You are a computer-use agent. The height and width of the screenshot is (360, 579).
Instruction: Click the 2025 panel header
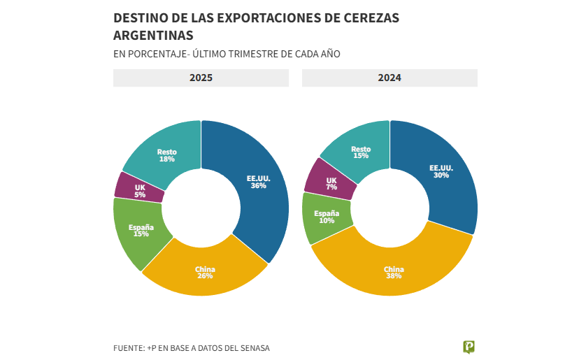pos(201,78)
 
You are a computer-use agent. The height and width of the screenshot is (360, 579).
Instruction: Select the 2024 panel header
pos(389,78)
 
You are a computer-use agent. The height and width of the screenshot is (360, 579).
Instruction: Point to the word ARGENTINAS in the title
pos(153,35)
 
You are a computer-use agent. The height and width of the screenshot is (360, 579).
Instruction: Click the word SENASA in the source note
pos(253,348)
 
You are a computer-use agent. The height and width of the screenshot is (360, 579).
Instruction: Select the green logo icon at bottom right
pos(469,347)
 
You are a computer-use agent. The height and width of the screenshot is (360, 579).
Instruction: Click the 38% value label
pos(394,276)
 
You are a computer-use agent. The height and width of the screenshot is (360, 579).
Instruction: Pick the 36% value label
pos(258,186)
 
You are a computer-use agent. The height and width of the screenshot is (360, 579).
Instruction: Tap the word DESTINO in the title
pos(138,18)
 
